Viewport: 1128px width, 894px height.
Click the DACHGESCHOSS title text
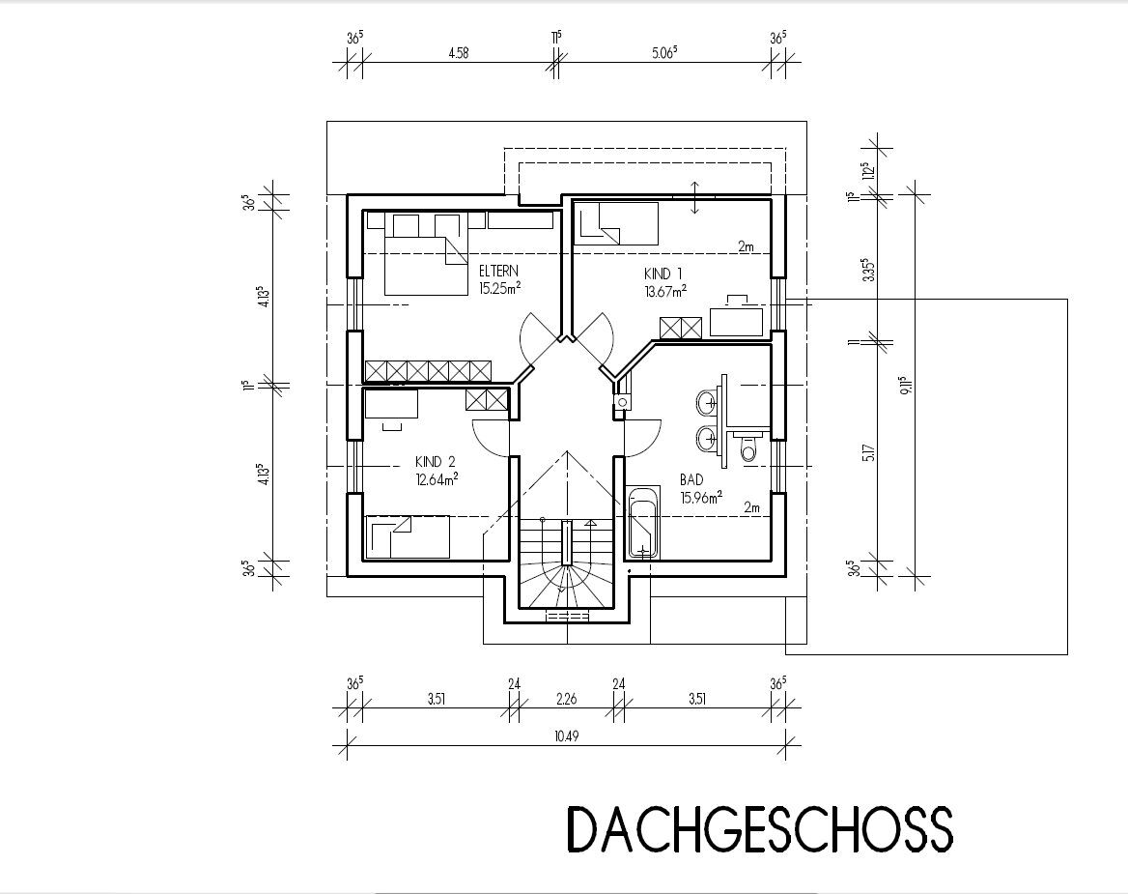760,830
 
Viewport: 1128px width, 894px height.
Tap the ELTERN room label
498,272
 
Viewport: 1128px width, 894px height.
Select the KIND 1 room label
663,274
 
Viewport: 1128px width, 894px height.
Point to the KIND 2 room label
436,461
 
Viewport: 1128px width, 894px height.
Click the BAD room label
691,479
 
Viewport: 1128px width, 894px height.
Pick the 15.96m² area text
701,497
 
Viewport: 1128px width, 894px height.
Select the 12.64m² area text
437,478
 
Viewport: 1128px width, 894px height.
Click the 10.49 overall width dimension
566,735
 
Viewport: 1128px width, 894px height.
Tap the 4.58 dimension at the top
458,52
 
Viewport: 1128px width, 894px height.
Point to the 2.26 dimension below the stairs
566,698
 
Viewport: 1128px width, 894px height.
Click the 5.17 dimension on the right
869,452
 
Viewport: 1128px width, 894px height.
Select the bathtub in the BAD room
644,523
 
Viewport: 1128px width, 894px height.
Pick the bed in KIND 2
408,537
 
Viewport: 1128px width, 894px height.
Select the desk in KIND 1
737,322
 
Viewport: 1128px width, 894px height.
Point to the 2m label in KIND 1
746,246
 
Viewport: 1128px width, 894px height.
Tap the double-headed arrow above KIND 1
695,197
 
